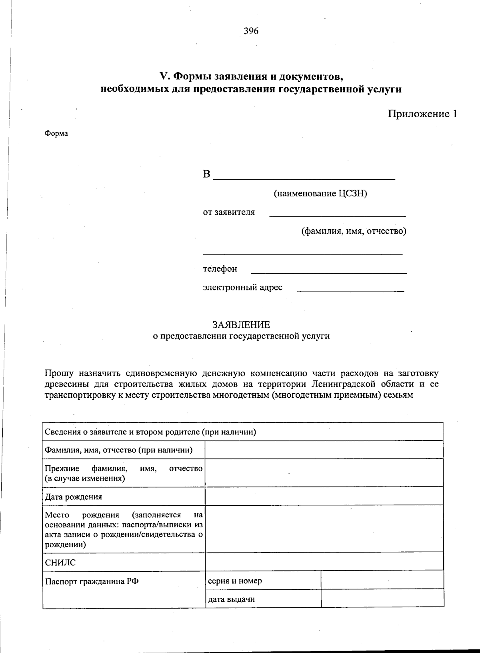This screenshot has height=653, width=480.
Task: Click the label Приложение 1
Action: (x=422, y=114)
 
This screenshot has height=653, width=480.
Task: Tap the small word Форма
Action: (x=56, y=134)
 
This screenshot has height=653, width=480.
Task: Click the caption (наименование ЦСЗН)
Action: (x=320, y=194)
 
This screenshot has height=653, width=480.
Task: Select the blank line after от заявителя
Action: (x=338, y=215)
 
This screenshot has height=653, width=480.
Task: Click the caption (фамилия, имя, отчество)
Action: (x=354, y=231)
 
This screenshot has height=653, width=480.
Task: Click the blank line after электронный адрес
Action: (x=350, y=290)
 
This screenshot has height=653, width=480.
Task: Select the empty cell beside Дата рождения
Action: (x=324, y=496)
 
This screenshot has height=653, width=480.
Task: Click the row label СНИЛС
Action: (x=60, y=563)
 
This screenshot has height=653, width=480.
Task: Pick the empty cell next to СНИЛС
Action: (x=324, y=561)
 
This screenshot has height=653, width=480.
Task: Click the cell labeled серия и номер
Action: (x=235, y=581)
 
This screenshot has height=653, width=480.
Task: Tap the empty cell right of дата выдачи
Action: (x=382, y=599)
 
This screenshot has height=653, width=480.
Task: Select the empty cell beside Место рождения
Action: (x=324, y=528)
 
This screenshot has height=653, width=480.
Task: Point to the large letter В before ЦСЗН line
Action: (x=206, y=174)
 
